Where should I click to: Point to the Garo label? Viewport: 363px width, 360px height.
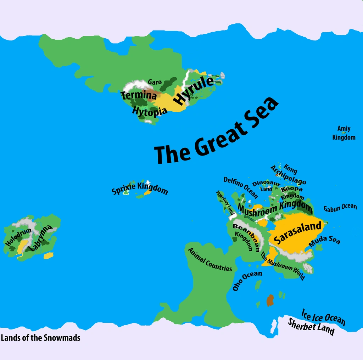click(155, 82)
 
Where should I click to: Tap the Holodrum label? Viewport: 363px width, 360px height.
click(19, 237)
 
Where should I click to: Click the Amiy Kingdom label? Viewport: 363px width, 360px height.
click(344, 133)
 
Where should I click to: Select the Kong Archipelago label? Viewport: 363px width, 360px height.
click(288, 174)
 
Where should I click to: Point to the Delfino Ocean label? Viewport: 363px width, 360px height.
click(241, 187)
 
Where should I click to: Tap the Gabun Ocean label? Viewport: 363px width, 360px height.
click(340, 208)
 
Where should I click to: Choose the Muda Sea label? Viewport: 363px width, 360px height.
click(324, 241)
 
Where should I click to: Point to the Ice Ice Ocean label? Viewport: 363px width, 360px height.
click(323, 317)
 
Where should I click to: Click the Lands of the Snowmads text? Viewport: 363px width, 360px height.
click(40, 338)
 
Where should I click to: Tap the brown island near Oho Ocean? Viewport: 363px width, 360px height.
click(270, 300)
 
